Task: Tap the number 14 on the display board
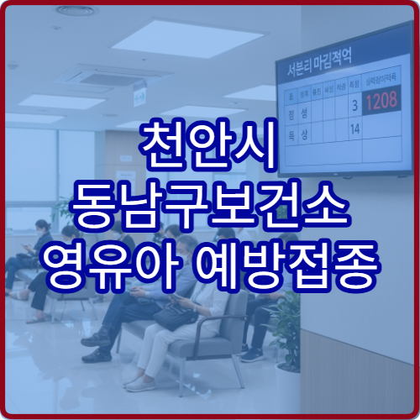pos(354,129)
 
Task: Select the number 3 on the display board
pos(355,105)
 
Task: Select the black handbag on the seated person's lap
pos(174,318)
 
